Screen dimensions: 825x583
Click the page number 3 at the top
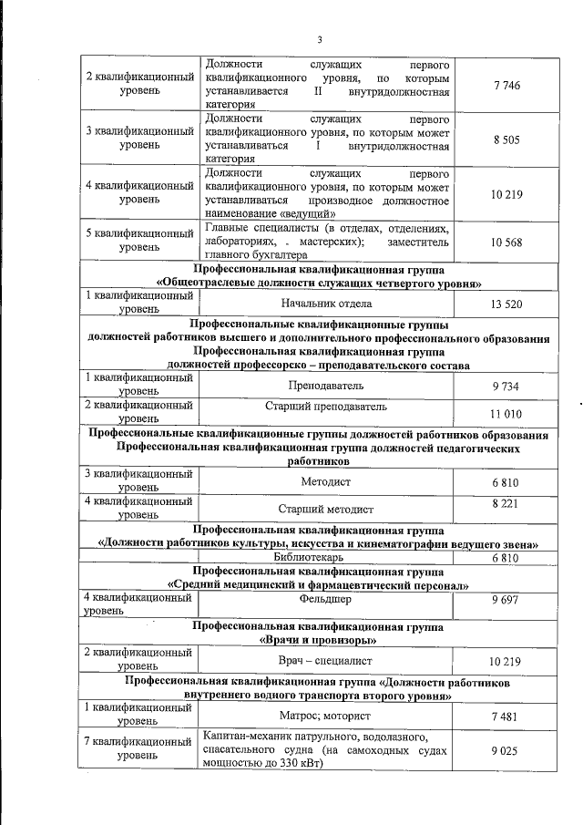(x=320, y=38)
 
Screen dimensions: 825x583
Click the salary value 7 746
(x=506, y=86)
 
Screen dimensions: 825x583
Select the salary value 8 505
(x=506, y=139)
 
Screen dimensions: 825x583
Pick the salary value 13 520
(x=506, y=304)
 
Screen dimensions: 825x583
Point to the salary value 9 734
(x=506, y=386)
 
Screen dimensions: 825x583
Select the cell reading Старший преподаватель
(x=325, y=406)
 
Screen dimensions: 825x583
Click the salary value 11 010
(x=506, y=414)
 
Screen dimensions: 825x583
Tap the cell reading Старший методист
(x=325, y=509)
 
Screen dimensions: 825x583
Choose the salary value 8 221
(x=506, y=502)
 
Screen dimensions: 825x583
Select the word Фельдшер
(x=325, y=600)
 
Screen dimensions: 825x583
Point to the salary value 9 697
(x=506, y=603)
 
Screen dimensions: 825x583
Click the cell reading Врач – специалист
(x=325, y=659)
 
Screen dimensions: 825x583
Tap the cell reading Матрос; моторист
(x=325, y=716)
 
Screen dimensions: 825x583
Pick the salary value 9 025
(x=506, y=750)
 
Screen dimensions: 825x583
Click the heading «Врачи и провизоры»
(x=325, y=640)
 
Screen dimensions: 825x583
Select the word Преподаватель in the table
(x=325, y=386)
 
